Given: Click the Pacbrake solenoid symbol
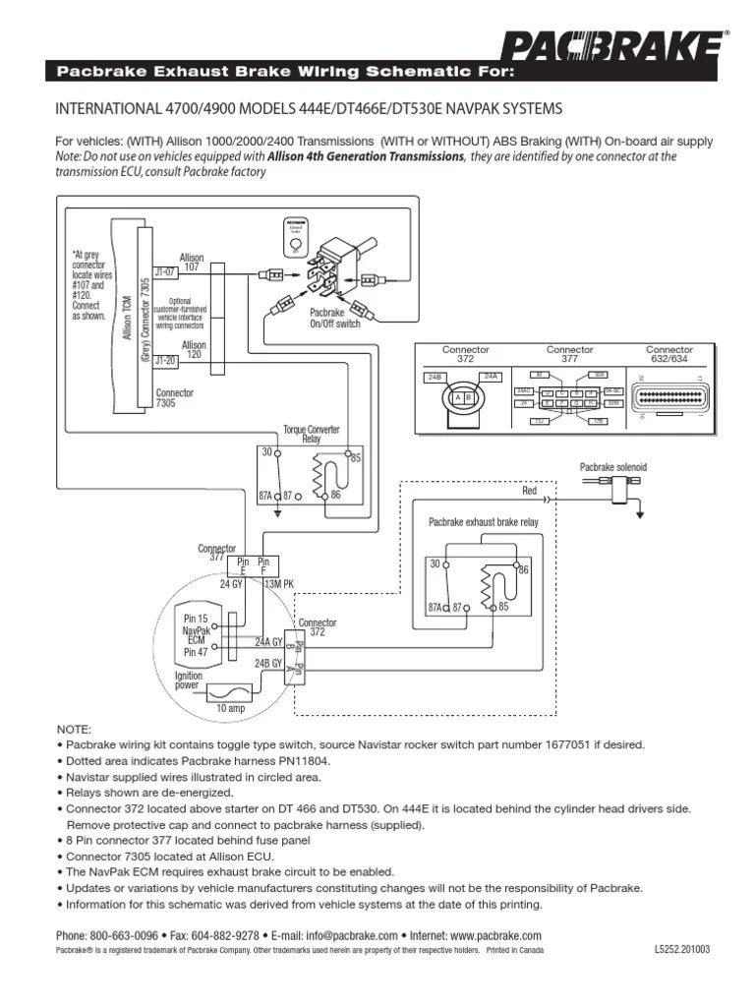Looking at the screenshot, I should (x=619, y=484).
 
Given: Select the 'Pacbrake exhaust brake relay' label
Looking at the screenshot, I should (x=483, y=522).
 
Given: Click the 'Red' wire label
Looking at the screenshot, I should (x=530, y=490).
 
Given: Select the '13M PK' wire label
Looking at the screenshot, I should (x=279, y=584).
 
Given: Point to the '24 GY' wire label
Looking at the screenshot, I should (x=231, y=584).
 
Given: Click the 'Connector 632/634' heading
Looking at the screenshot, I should (x=668, y=354).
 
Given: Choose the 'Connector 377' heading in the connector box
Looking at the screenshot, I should (x=570, y=354).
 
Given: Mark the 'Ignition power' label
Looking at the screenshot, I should (x=189, y=681).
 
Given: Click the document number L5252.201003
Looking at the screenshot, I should (x=681, y=951).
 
